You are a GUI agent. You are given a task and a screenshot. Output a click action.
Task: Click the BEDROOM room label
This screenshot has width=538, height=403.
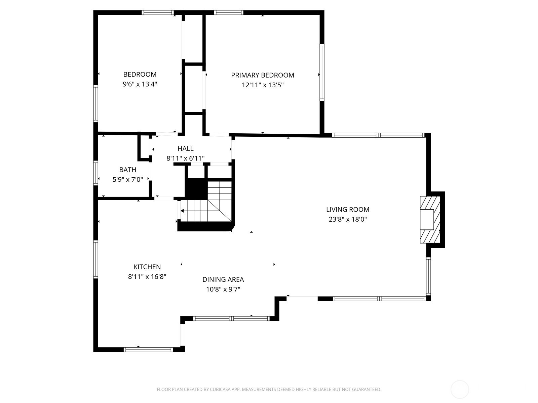(x=140, y=74)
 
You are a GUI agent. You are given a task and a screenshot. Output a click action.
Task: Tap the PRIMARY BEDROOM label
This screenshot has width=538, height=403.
(x=263, y=75)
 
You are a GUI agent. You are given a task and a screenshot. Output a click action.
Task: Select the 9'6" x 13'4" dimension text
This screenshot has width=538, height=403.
(x=140, y=84)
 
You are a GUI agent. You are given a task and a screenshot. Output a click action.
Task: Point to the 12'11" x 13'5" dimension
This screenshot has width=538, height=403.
(x=263, y=85)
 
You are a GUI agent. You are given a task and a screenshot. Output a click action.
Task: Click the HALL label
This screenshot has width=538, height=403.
(x=186, y=148)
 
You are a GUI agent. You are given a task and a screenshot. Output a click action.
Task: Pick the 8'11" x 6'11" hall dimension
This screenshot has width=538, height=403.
(x=185, y=158)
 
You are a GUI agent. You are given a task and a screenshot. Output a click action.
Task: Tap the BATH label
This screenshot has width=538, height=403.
(x=128, y=170)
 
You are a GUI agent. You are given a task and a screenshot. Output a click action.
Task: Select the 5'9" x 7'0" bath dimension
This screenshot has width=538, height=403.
(x=127, y=180)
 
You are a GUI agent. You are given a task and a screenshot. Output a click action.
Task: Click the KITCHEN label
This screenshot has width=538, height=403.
(x=147, y=267)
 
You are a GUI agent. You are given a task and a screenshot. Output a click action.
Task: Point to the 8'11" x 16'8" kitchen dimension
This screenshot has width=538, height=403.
(x=147, y=277)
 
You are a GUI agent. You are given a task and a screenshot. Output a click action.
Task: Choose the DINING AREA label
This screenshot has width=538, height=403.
(x=223, y=279)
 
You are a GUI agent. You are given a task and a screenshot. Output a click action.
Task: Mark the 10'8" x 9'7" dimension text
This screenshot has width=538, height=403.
(x=223, y=289)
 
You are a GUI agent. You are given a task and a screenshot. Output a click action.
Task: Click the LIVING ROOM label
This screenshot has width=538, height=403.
(x=348, y=210)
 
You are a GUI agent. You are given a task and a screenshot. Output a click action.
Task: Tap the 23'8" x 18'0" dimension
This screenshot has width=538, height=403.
(x=348, y=219)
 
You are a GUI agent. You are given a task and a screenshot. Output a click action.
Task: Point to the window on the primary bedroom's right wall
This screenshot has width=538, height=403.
(x=322, y=72)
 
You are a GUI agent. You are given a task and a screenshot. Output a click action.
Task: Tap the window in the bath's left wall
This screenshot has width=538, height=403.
(x=95, y=173)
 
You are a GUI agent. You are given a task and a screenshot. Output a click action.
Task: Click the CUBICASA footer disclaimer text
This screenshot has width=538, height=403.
(x=269, y=389)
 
